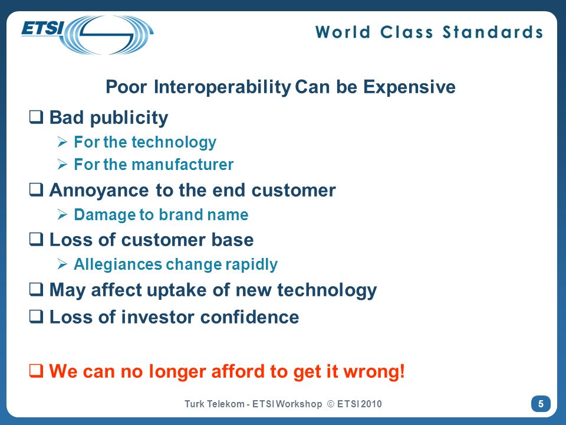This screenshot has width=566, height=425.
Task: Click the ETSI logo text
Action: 42,28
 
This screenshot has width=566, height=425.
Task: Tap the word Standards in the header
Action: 493,32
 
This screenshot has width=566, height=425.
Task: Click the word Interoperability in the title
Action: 222,87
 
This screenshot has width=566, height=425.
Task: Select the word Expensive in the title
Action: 409,87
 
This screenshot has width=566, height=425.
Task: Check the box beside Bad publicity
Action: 36,117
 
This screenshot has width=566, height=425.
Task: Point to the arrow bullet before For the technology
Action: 62,142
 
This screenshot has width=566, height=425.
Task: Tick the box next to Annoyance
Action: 36,189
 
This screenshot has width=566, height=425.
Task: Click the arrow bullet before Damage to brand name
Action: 62,215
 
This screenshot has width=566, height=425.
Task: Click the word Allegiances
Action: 118,264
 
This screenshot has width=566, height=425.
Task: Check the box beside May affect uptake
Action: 36,289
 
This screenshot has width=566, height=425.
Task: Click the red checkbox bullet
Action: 36,371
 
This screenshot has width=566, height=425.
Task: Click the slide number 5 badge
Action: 541,404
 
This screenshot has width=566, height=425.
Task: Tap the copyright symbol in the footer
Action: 331,404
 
